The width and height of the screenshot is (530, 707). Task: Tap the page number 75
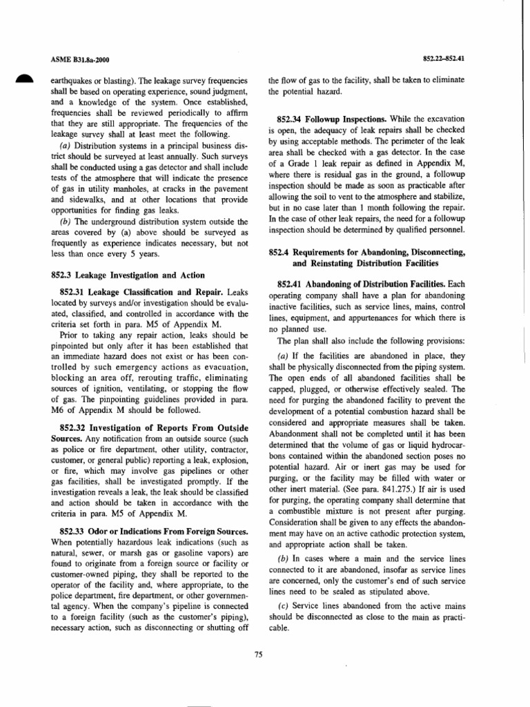coord(259,655)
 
